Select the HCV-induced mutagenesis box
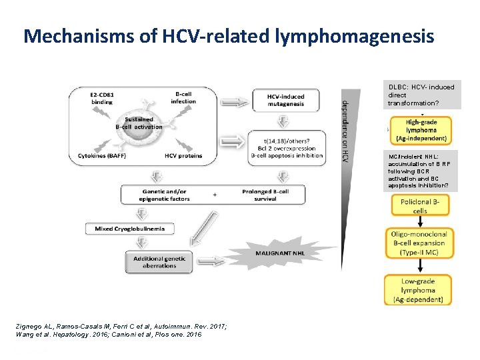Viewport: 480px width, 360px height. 286,99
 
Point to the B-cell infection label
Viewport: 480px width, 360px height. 183,98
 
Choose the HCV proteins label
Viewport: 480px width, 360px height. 183,156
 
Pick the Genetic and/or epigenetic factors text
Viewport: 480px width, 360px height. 165,195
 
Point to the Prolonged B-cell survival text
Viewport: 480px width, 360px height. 265,195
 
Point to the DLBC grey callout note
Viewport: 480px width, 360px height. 423,95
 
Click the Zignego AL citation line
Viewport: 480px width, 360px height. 120,325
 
